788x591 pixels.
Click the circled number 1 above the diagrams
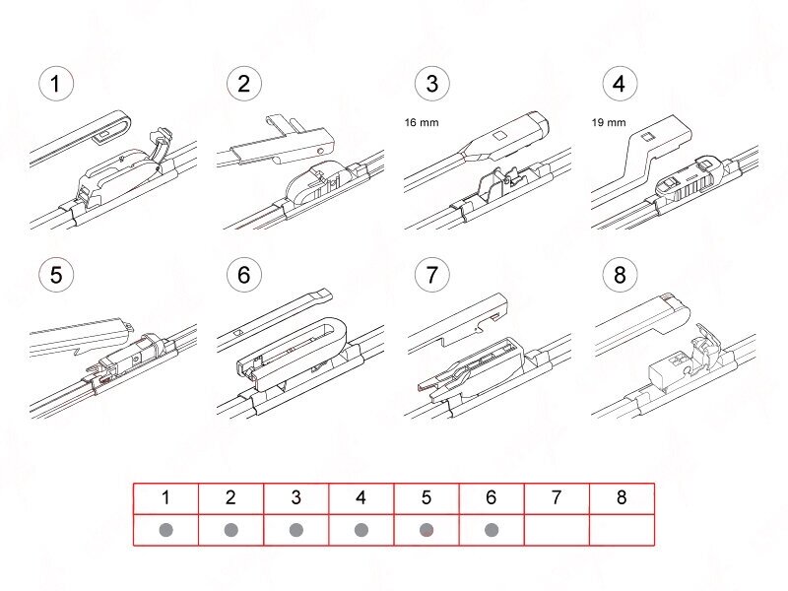(56, 84)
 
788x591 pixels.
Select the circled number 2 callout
(244, 84)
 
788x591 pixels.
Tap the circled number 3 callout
(431, 84)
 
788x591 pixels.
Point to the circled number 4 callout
(619, 84)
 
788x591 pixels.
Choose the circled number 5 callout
(56, 275)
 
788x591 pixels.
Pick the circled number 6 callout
(244, 275)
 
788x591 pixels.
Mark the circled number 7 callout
(431, 275)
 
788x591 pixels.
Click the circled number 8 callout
(619, 275)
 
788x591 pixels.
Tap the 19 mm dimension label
(608, 123)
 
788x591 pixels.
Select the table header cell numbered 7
(557, 498)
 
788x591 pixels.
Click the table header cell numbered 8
(622, 498)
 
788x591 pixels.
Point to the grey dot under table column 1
(165, 530)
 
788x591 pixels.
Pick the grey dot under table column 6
(491, 530)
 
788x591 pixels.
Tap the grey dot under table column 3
(295, 530)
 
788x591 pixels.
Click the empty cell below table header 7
(557, 530)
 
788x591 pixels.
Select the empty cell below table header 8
(622, 530)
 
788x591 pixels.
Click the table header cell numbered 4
(361, 498)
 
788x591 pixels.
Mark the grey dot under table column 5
(426, 530)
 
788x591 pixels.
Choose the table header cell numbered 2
(230, 498)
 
